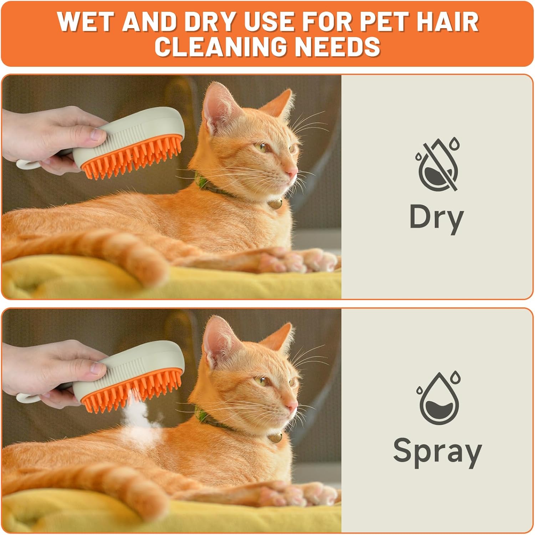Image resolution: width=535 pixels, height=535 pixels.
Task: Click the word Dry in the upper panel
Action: [437, 218]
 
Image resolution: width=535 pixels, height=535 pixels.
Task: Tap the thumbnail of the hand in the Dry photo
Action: [99, 134]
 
